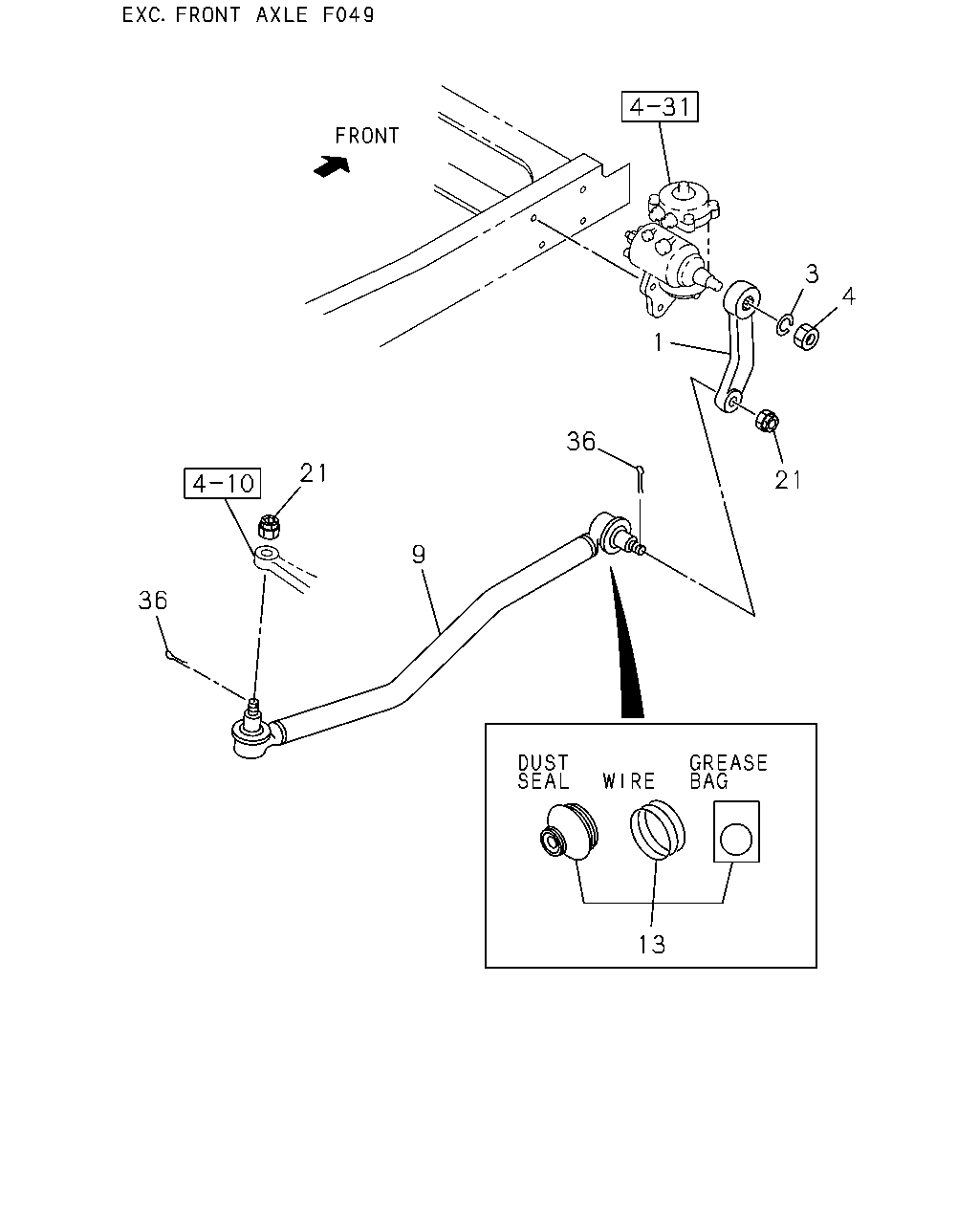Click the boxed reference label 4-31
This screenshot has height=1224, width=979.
[660, 106]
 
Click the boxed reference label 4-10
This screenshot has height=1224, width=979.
[223, 484]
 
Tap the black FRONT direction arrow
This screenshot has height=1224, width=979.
[332, 165]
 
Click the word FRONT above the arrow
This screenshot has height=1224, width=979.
[367, 136]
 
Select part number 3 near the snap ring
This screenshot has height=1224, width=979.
[812, 274]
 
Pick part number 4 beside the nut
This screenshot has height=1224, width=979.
[848, 296]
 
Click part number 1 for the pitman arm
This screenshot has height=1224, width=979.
[658, 342]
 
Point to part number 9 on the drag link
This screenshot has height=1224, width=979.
[419, 554]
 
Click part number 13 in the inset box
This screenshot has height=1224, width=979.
[651, 945]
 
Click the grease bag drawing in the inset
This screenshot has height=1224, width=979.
[737, 832]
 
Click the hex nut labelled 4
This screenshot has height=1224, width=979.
[806, 337]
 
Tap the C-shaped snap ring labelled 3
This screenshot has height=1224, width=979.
[785, 325]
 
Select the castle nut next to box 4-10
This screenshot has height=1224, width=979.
[269, 526]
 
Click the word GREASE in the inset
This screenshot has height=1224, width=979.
[729, 763]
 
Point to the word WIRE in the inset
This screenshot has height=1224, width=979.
[628, 781]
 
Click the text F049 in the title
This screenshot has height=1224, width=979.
[348, 14]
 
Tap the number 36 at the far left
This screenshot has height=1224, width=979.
[153, 601]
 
